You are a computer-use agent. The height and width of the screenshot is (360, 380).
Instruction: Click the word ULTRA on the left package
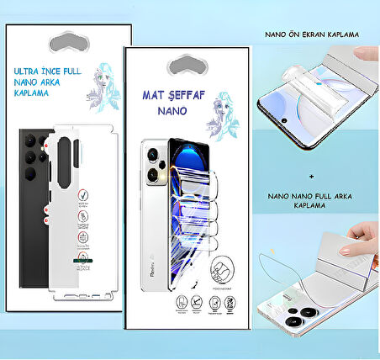pyautogui.click(x=34, y=72)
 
